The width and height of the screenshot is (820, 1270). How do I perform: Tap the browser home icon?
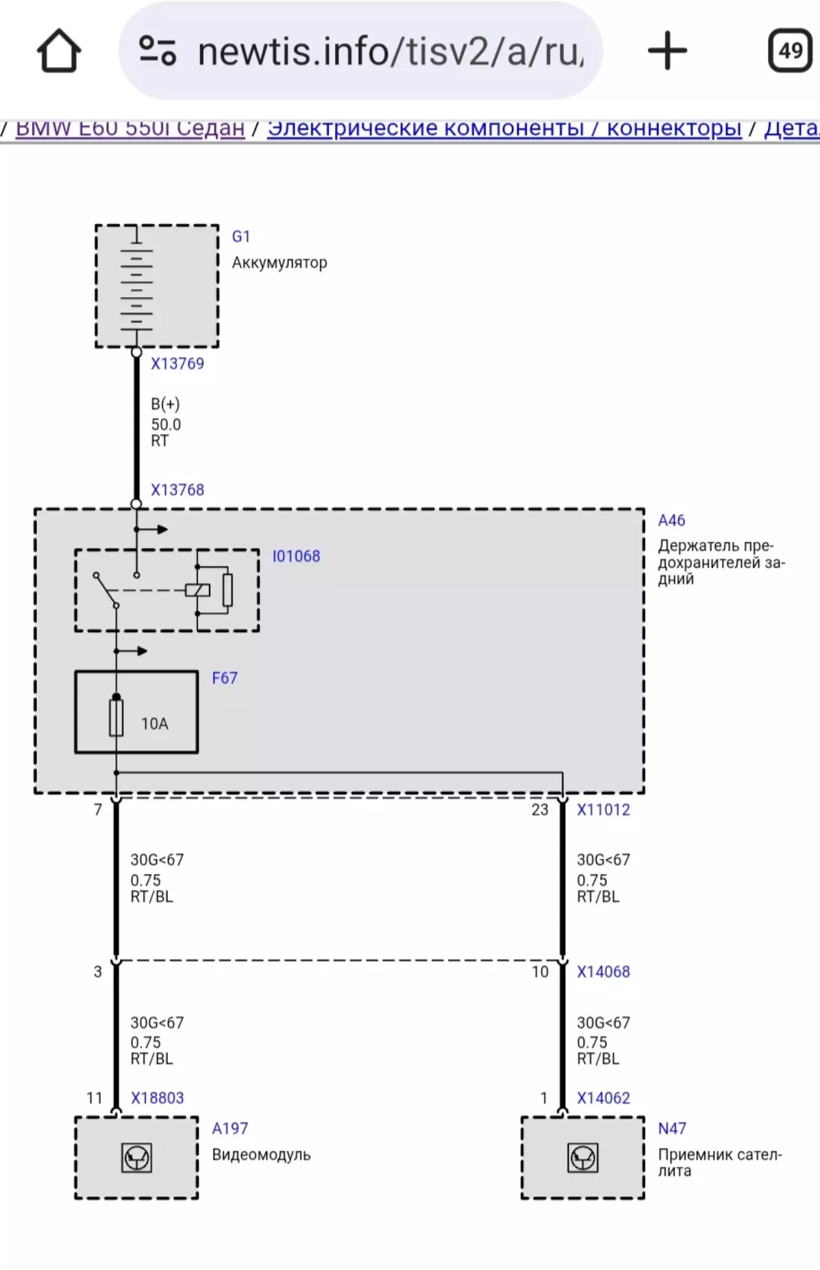(59, 51)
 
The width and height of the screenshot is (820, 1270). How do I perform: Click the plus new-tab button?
(667, 51)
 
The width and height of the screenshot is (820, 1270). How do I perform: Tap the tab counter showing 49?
(790, 51)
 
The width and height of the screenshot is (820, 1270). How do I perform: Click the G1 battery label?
(241, 237)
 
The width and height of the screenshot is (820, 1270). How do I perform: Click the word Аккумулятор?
(279, 262)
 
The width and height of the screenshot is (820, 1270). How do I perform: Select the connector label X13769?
(177, 364)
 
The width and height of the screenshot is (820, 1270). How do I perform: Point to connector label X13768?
(177, 490)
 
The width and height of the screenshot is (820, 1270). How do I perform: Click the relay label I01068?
(296, 557)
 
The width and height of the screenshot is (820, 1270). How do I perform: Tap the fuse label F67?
(225, 678)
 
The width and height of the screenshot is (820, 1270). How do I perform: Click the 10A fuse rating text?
(154, 724)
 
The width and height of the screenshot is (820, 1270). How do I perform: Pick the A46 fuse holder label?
(671, 521)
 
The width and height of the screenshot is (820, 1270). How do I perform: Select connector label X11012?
(603, 810)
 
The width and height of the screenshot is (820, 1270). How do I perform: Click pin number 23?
(540, 810)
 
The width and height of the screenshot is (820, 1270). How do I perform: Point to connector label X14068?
(603, 971)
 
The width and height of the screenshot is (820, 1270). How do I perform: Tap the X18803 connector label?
(157, 1098)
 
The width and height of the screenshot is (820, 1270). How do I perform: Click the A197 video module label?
(230, 1128)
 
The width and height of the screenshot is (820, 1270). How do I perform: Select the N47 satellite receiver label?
(672, 1128)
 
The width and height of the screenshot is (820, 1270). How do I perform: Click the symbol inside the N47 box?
(583, 1158)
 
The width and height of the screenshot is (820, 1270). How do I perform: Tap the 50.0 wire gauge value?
(166, 424)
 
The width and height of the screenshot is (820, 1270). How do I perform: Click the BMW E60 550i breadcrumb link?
(130, 128)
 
